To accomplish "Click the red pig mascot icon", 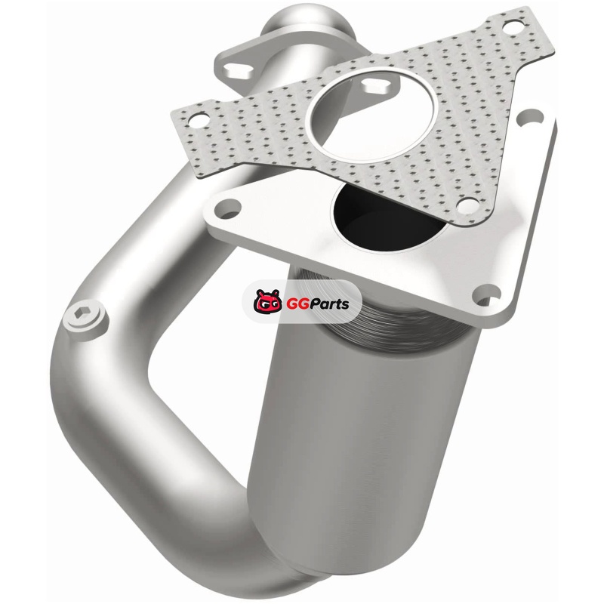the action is tap(268, 301).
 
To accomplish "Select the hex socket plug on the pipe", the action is tap(85, 317).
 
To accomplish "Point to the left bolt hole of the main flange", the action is tap(228, 208).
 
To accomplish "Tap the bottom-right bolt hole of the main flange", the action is tap(488, 294).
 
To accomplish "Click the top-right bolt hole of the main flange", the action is tap(532, 118).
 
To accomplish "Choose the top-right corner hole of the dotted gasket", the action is tap(513, 26).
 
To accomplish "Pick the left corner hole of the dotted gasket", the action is tap(198, 121).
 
